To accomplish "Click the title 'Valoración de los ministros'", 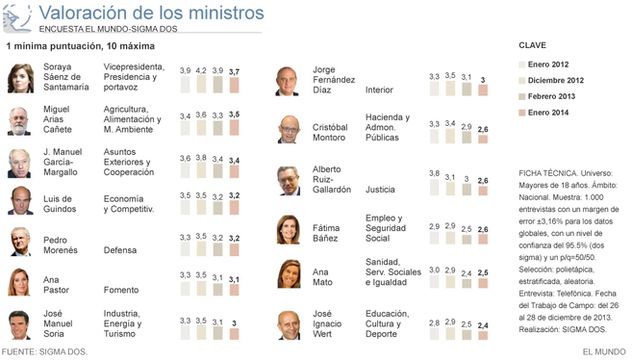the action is (151, 13).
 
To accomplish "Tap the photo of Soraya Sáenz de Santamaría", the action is (20, 78).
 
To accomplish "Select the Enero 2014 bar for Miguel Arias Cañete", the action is (234, 127).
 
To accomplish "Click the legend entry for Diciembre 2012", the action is (551, 80).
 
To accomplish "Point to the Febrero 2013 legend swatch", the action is (522, 96).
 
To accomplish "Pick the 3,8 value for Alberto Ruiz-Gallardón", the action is (434, 173).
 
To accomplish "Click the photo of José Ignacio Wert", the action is (289, 325).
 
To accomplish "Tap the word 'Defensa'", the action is (120, 250).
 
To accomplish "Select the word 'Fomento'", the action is (121, 290).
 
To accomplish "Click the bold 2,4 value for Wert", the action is (483, 325).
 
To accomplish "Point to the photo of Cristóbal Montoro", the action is (289, 129).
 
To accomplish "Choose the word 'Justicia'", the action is (380, 190).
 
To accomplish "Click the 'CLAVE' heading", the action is (532, 45).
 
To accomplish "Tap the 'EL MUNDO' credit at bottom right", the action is (604, 352).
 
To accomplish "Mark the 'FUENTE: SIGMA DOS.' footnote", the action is (44, 352).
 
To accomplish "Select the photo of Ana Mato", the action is (289, 274).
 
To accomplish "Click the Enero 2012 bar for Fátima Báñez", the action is (434, 238).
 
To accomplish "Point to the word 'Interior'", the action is (379, 90).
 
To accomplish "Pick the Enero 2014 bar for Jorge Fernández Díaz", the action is (483, 90).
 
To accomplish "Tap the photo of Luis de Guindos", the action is (20, 200).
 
